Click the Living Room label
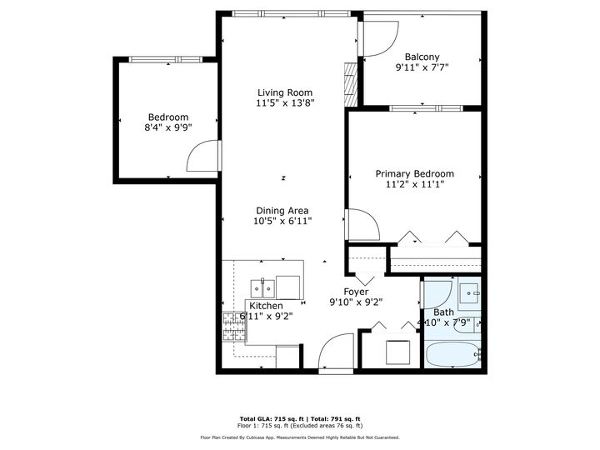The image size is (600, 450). (x=284, y=92)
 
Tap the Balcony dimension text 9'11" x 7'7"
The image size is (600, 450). (x=422, y=67)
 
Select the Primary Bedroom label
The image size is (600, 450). (x=414, y=174)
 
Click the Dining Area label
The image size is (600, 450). (x=282, y=211)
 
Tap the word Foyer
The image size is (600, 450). (x=357, y=292)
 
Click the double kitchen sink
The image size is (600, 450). (x=264, y=289)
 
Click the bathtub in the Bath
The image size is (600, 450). (x=452, y=354)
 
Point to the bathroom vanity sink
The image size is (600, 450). (x=468, y=293)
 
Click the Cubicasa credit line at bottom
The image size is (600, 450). (x=300, y=437)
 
